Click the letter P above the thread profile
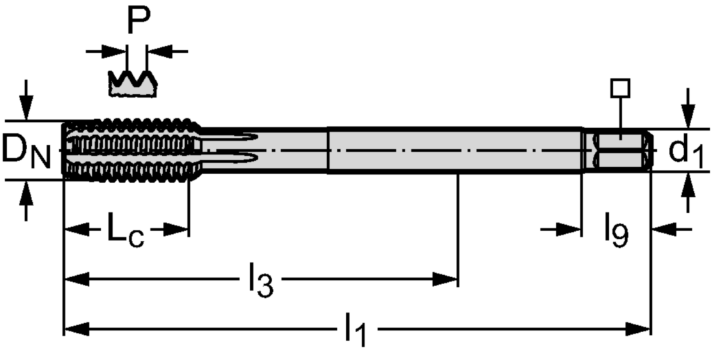139,20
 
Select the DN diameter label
26,151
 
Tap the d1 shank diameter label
686,151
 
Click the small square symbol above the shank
620,88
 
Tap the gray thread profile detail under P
133,84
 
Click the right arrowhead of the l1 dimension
638,329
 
